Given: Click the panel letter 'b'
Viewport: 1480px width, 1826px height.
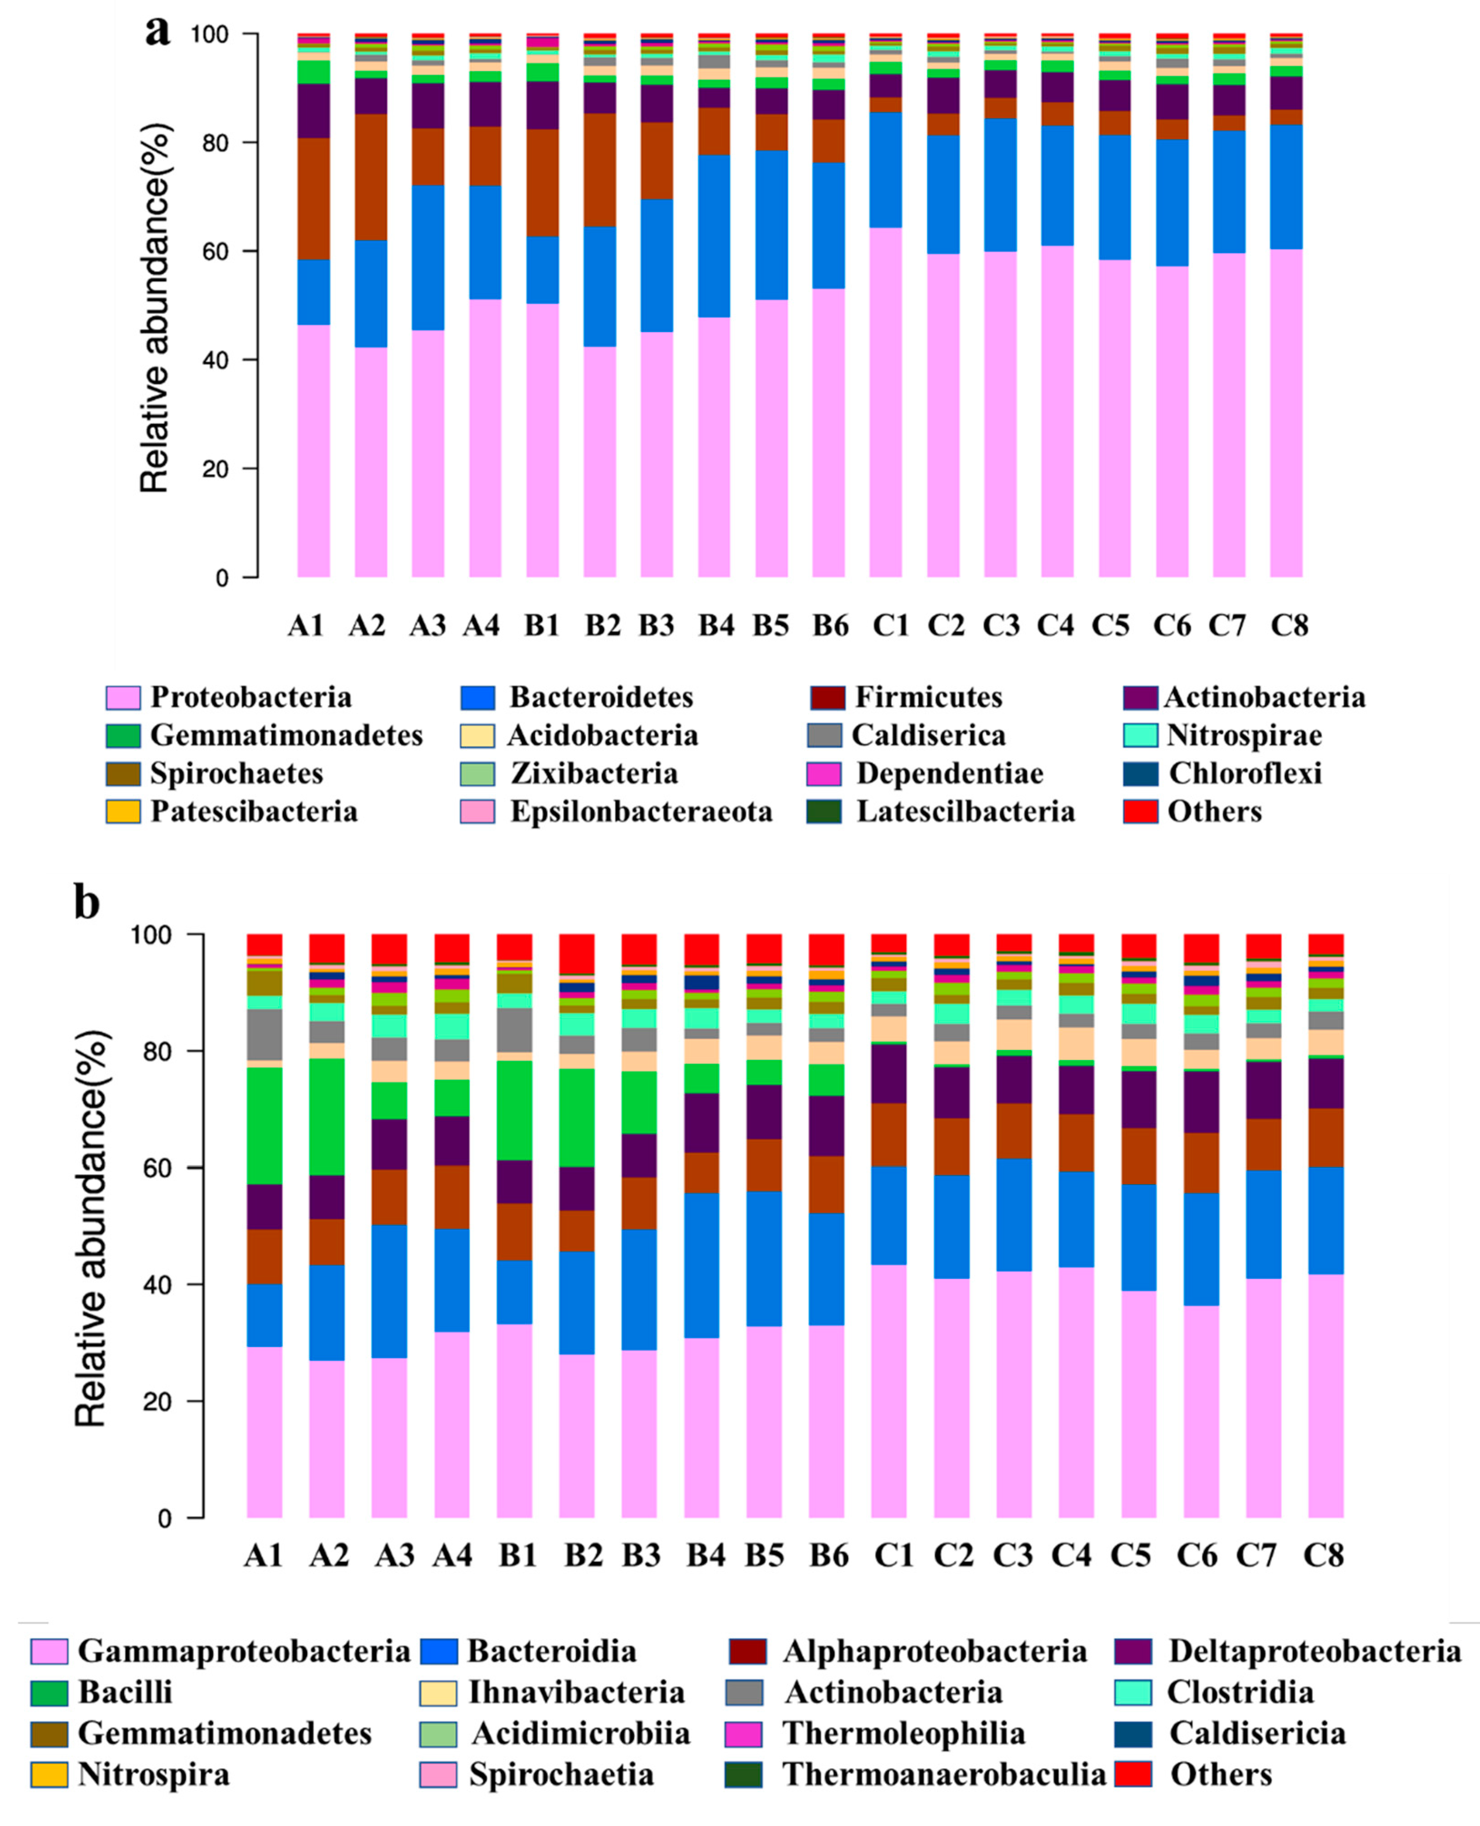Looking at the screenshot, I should pos(87,903).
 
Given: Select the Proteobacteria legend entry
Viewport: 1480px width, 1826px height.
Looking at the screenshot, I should pos(250,697).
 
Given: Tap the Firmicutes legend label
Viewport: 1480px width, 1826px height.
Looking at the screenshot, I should pos(928,697).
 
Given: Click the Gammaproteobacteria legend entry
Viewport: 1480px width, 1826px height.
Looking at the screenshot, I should pos(244,1650).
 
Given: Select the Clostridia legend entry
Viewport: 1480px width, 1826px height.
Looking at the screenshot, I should pos(1240,1691).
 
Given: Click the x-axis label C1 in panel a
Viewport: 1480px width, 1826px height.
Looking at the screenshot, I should pos(891,625).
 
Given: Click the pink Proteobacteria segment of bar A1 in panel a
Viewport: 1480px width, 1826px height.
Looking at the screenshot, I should pos(314,452).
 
